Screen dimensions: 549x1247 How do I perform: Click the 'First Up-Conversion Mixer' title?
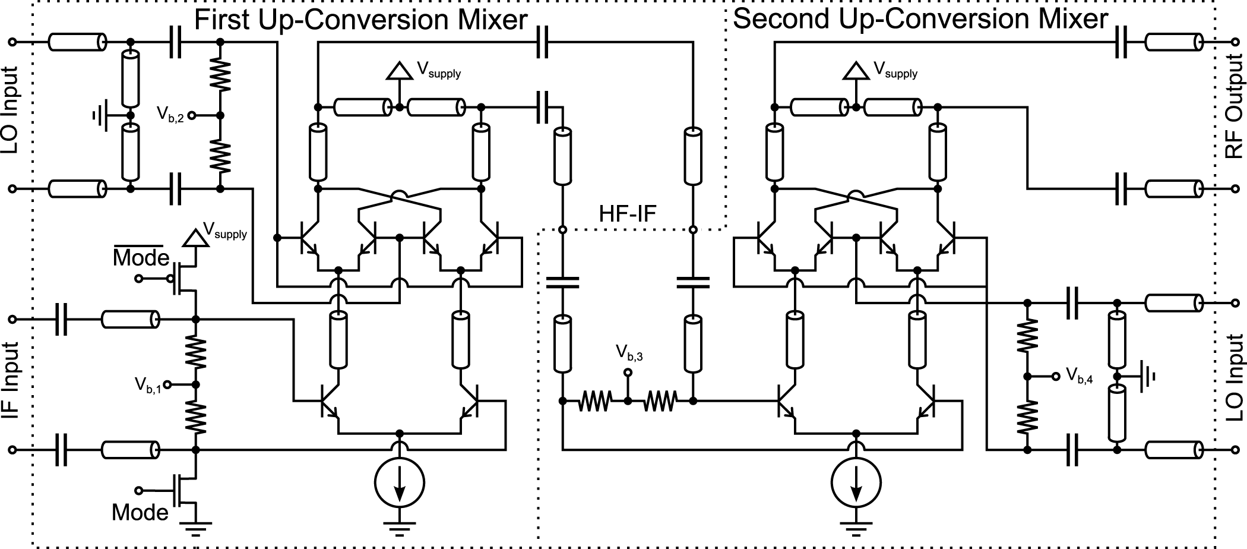click(361, 20)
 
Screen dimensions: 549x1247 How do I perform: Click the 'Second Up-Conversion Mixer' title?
click(920, 19)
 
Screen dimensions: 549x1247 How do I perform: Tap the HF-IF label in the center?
click(628, 213)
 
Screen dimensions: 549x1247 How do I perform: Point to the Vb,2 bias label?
click(170, 114)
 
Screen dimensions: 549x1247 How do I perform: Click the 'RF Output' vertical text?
click(1235, 107)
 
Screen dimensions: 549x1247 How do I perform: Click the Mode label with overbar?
click(141, 258)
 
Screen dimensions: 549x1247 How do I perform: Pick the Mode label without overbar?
click(140, 512)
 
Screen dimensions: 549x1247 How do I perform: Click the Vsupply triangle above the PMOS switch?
click(195, 238)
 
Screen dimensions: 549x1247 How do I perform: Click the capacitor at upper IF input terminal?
click(61, 320)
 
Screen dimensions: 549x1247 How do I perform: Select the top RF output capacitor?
click(1121, 43)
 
